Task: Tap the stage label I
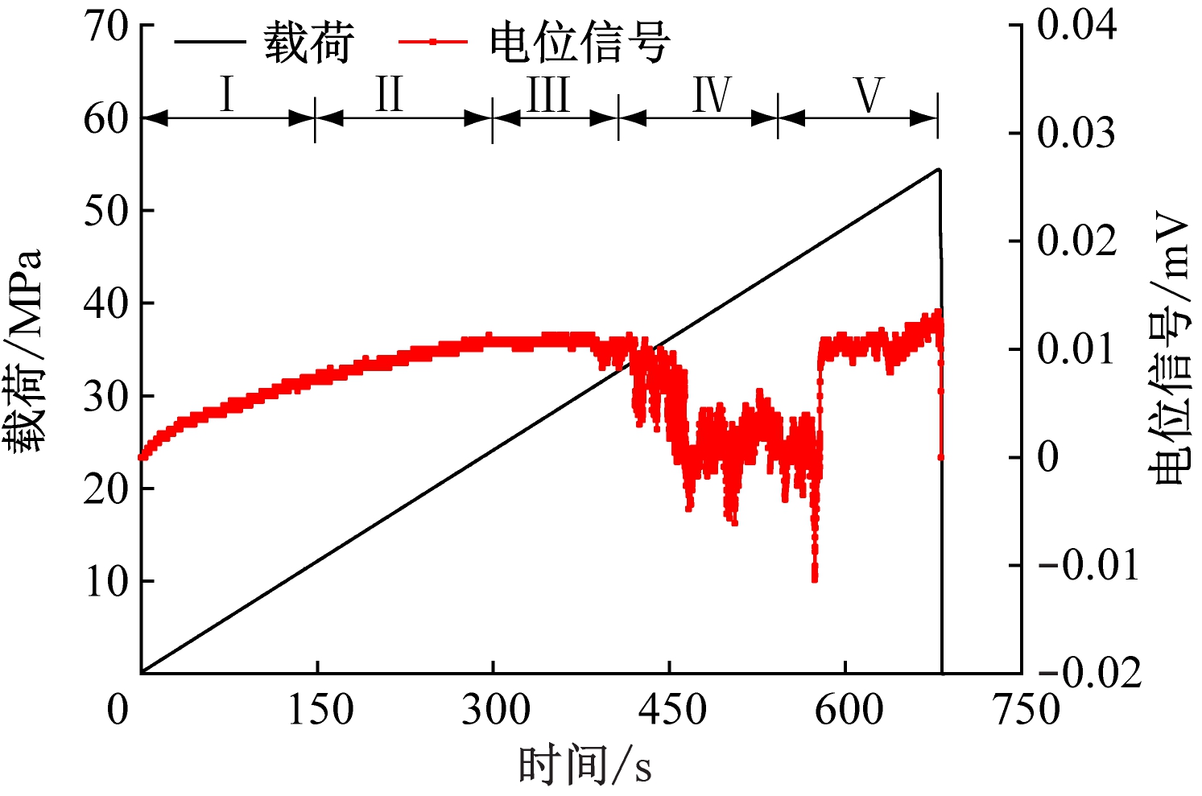227,95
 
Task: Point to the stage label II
389,95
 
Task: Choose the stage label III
549,95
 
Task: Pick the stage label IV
712,95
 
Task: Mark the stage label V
869,95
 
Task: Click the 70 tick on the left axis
106,27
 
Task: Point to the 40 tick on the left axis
106,303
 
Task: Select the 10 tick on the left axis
106,581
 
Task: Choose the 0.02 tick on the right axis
1076,241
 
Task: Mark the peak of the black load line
938,170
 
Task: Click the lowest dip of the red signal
815,578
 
